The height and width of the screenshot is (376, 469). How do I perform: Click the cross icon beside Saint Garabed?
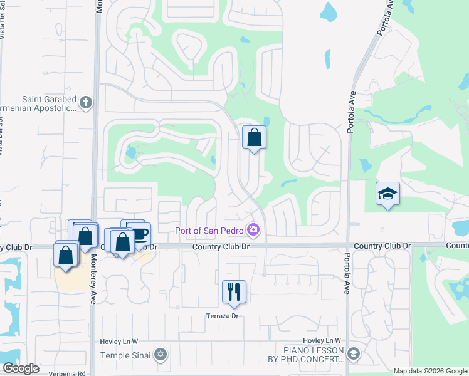(x=86, y=102)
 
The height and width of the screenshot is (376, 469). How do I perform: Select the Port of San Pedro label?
(x=209, y=230)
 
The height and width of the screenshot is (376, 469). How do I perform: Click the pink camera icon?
(x=253, y=230)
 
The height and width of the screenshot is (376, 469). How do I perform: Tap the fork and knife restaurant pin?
(x=234, y=291)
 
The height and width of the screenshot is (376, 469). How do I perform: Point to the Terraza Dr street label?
(x=223, y=316)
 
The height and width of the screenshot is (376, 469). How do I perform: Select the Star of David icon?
(x=161, y=355)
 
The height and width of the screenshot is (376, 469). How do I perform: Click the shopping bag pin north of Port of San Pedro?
(x=254, y=138)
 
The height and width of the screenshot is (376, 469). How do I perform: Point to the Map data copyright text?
(x=430, y=371)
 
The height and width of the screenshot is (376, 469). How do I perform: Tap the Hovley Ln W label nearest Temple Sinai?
(x=119, y=341)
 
